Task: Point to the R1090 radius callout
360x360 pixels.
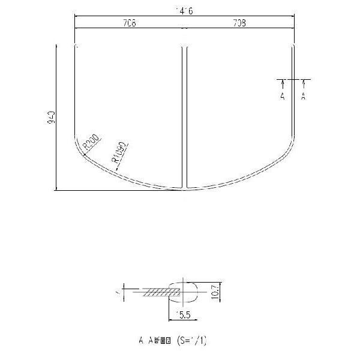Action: pos(118,153)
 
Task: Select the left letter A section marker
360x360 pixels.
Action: pos(282,96)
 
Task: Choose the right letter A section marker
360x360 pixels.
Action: pos(303,96)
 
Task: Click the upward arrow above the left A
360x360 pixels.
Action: pos(282,83)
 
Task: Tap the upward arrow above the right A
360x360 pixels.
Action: pos(303,83)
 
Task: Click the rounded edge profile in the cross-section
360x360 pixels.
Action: pos(191,292)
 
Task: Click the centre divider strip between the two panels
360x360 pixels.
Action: pos(184,114)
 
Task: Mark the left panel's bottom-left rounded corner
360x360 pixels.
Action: pos(80,147)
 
